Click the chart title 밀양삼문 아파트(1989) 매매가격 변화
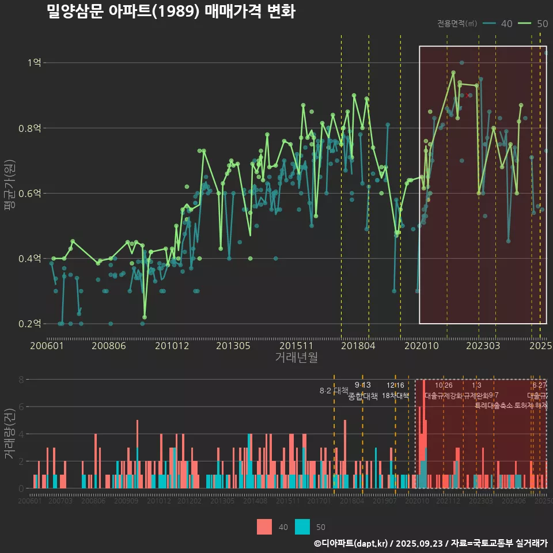pos(171,12)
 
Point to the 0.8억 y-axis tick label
pos(32,128)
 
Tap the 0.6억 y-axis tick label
pos(32,193)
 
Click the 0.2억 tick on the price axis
pos(32,324)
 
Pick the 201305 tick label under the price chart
pos(233,346)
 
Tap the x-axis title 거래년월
pos(296,357)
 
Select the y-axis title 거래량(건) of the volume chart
pos(9,433)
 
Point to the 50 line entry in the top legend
pos(533,24)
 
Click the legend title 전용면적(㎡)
pos(457,24)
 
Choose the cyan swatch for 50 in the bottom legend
pos(302,527)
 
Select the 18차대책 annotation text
pos(395,396)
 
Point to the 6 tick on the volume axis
pos(21,407)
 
